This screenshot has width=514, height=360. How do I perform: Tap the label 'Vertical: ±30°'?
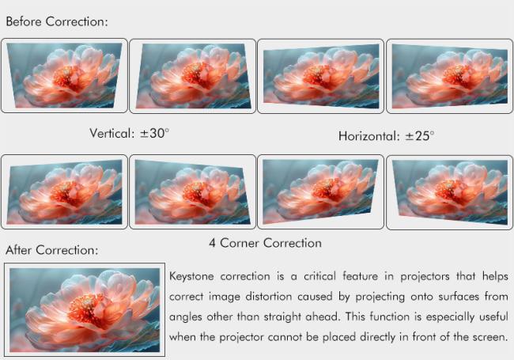click(x=130, y=133)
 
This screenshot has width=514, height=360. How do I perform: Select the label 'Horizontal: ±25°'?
click(x=387, y=136)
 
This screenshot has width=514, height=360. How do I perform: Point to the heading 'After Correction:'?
click(x=52, y=250)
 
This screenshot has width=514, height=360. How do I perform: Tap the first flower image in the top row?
click(x=64, y=75)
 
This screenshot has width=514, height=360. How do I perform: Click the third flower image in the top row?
click(x=320, y=75)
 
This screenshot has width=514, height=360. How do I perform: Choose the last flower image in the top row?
click(x=449, y=75)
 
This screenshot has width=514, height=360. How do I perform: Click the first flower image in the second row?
click(x=64, y=191)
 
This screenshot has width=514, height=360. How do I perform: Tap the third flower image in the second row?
click(x=320, y=191)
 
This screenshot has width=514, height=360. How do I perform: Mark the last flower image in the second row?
click(x=449, y=191)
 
